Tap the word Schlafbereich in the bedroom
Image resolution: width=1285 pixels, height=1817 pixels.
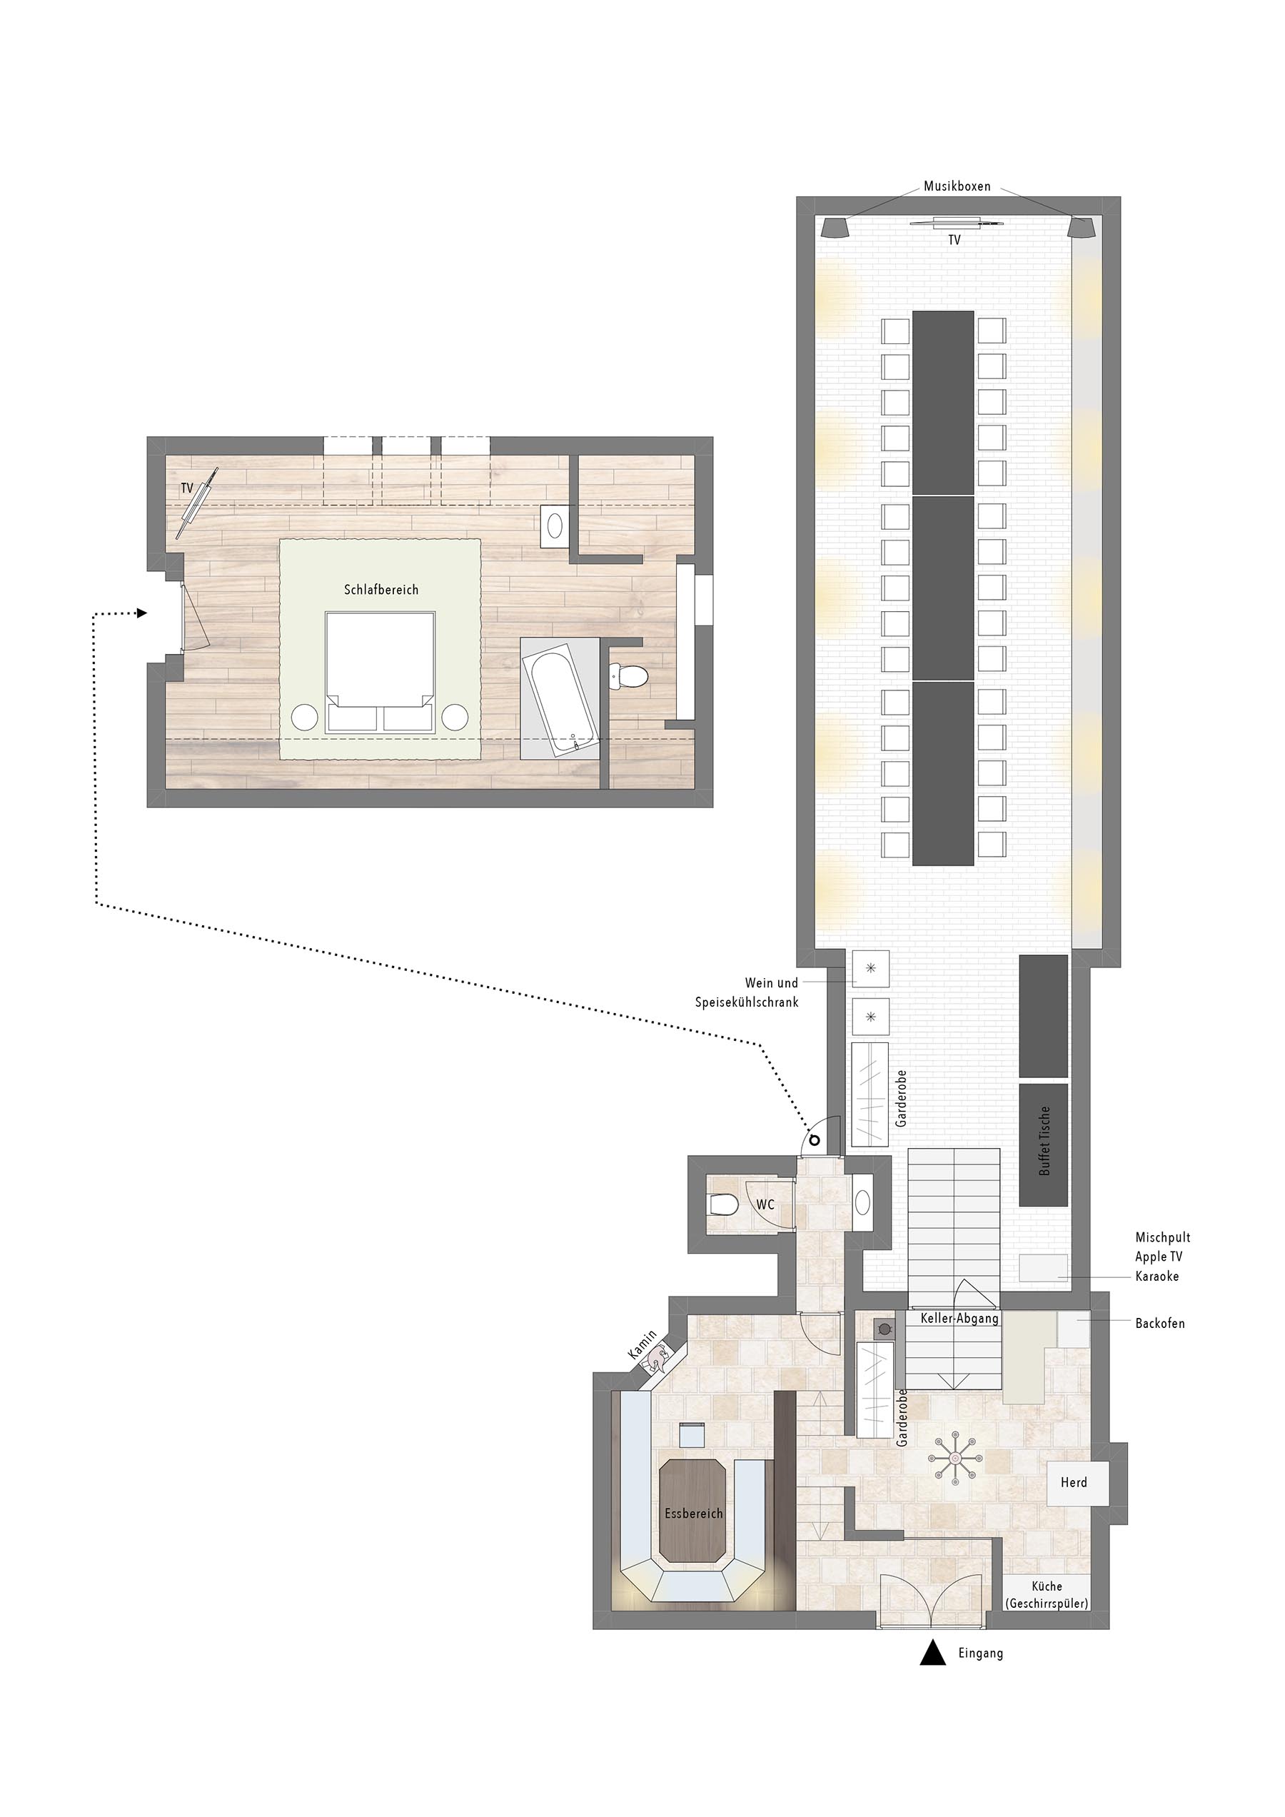(x=381, y=590)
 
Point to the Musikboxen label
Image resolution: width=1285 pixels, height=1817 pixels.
(x=957, y=187)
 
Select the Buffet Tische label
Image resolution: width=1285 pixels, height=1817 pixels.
(x=1044, y=1140)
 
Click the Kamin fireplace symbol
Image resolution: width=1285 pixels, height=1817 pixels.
(x=657, y=1359)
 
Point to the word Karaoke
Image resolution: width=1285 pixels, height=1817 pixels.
(x=1156, y=1277)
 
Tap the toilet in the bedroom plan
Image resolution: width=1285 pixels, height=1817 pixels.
(x=630, y=676)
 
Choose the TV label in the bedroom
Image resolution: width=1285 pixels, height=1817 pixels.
(x=187, y=488)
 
